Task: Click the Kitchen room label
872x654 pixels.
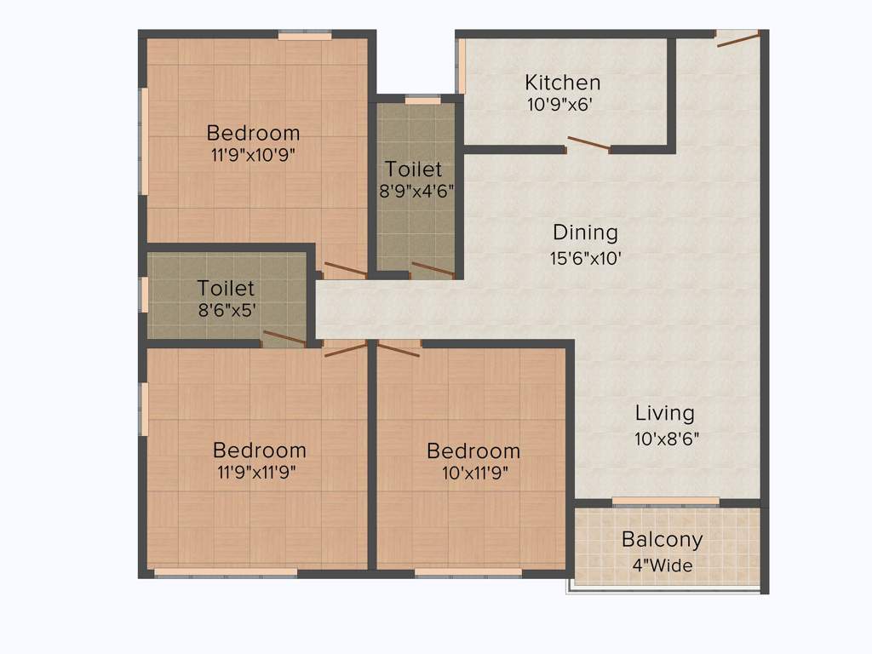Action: point(562,83)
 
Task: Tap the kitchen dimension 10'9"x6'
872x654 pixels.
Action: point(559,105)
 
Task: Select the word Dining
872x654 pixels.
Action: point(585,232)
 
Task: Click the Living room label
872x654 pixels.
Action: point(664,413)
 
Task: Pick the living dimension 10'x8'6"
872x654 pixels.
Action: point(667,439)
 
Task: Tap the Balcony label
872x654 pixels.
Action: point(662,539)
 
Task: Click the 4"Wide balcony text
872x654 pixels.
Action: point(662,565)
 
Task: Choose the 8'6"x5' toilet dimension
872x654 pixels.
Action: point(227,311)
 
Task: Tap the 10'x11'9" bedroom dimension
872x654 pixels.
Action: point(474,473)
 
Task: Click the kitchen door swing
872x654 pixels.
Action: point(588,143)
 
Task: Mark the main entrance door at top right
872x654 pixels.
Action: point(737,38)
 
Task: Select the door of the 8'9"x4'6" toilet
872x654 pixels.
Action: point(431,269)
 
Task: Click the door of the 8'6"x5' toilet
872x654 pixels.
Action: point(284,338)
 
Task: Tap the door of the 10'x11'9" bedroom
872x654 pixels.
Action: point(399,348)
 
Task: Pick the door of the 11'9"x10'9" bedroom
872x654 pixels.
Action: point(345,269)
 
